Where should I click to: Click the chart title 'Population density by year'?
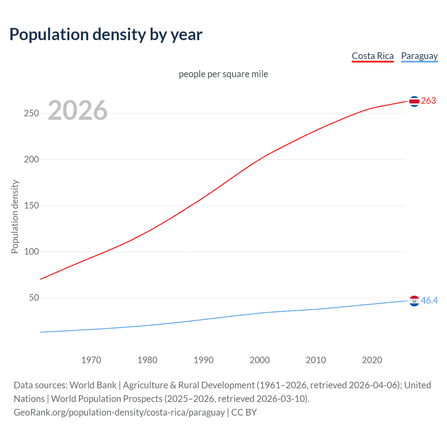point(106,35)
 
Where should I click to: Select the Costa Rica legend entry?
point(373,56)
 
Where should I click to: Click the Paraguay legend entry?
point(419,56)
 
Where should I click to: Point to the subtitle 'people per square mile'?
point(223,74)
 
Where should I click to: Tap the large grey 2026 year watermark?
point(78,110)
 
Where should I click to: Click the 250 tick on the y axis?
point(31,113)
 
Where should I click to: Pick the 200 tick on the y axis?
point(31,159)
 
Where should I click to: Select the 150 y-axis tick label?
point(31,205)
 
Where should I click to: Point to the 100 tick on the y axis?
point(31,251)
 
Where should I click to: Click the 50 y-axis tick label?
point(34,298)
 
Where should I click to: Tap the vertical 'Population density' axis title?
point(15,217)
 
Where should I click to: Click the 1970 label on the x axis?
point(91,360)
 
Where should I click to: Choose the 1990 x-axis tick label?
point(204,360)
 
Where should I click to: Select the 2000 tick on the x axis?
point(259,360)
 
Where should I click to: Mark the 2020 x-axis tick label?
point(372,360)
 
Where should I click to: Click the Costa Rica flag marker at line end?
point(414,101)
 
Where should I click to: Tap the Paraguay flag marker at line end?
point(414,301)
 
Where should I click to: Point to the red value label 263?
point(428,101)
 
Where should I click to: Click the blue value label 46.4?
point(429,300)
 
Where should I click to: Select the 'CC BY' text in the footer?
point(244,412)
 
